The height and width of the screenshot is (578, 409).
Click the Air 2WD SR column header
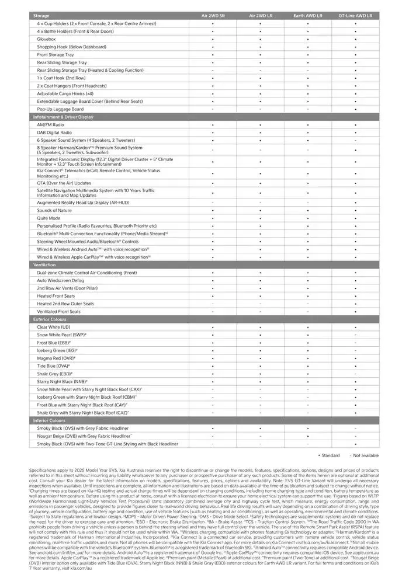point(213,16)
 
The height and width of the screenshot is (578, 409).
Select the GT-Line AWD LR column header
point(355,16)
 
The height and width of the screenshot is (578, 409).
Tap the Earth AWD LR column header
point(308,16)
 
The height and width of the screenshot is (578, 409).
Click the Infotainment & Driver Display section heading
point(63,117)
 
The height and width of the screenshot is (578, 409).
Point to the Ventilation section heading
point(44,264)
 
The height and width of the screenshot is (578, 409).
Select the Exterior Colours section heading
point(50,319)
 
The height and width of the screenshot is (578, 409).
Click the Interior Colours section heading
point(49,420)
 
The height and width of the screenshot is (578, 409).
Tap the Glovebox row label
point(47,39)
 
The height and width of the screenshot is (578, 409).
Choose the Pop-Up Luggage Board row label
point(60,109)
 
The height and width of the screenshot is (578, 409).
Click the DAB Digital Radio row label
point(56,133)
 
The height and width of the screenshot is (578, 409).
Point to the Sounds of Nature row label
point(54,210)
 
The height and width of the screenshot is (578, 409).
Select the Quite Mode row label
point(48,218)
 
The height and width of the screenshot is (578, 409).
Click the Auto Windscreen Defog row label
point(61,280)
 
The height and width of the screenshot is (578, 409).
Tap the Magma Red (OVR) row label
point(56,358)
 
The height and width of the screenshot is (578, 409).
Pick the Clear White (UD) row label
point(54,327)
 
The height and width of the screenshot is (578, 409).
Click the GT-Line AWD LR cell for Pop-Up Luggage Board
point(355,109)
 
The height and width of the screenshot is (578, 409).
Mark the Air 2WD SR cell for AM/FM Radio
point(213,125)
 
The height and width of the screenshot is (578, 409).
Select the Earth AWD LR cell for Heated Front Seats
point(308,296)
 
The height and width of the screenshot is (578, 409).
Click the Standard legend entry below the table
point(329,455)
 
